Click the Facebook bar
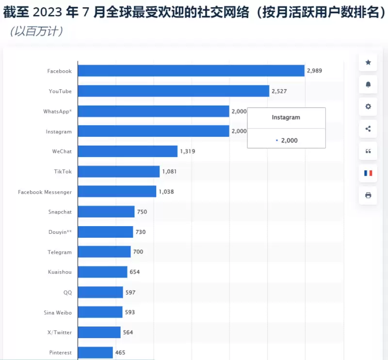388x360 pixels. (191, 71)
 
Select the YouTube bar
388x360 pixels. (174, 91)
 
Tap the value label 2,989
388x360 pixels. (314, 71)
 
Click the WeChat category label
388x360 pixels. (62, 151)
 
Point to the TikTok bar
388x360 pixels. (119, 171)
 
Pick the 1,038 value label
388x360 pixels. (166, 192)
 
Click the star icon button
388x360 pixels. (368, 63)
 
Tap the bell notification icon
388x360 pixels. (368, 84)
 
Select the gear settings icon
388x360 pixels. (368, 107)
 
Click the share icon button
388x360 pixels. (368, 129)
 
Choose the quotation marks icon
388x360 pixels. (368, 151)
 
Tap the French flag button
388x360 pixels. (368, 173)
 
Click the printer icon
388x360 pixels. (368, 195)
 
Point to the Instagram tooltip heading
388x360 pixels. (286, 117)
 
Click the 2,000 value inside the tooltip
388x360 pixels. (289, 141)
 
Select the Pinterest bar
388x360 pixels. (96, 352)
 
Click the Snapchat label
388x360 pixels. (60, 212)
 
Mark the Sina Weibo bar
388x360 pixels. (100, 312)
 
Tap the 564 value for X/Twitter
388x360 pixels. (128, 332)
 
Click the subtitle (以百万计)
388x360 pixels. (35, 32)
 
